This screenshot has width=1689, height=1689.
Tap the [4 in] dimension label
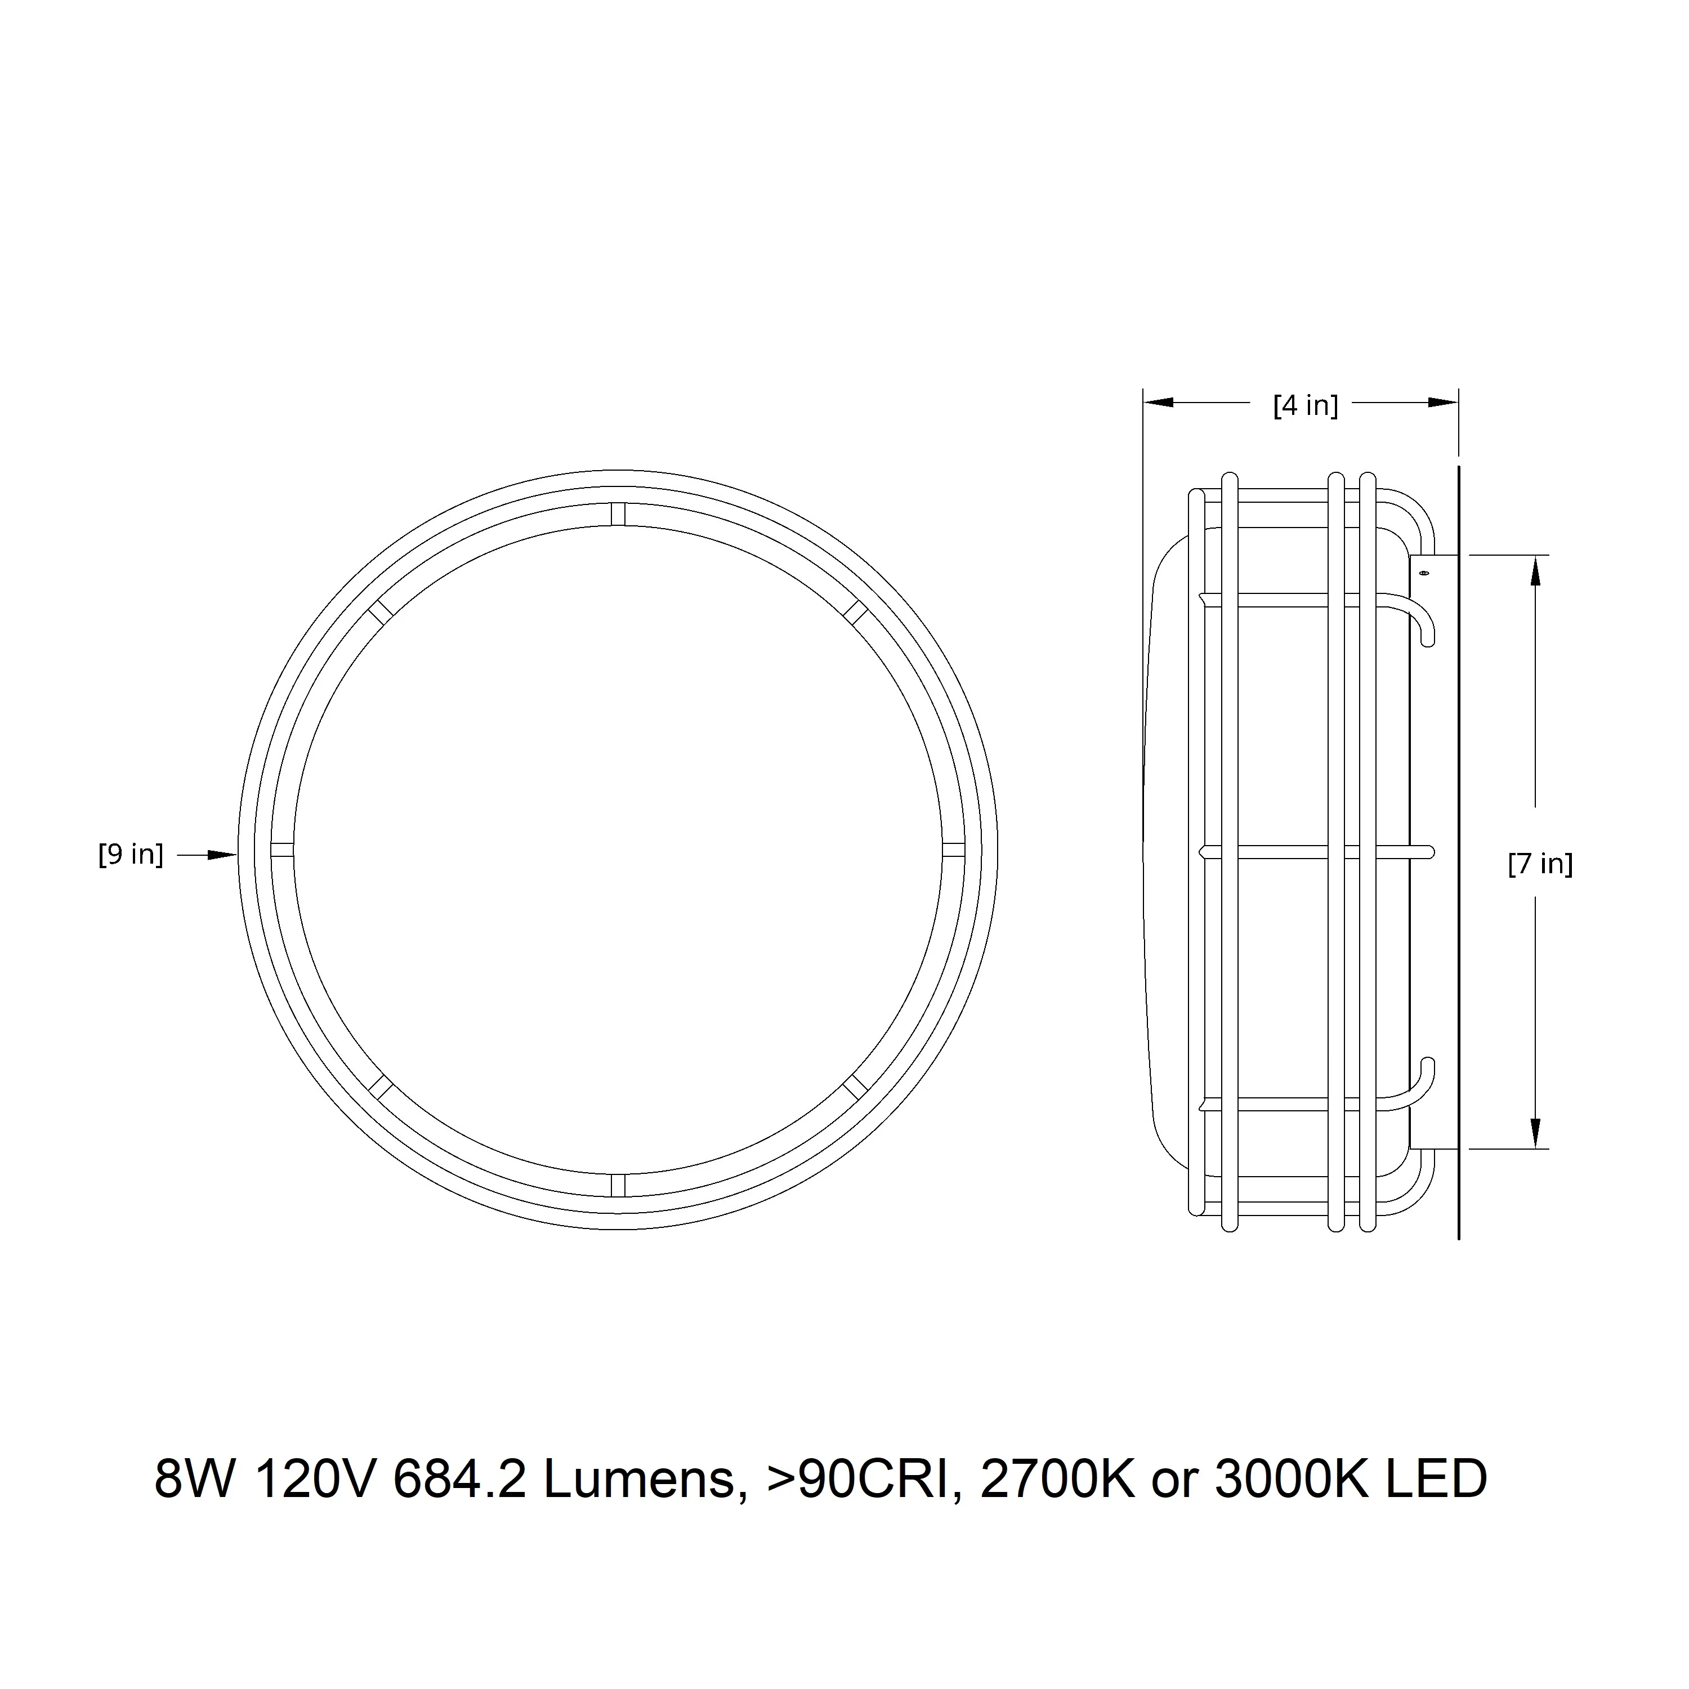coord(1305,405)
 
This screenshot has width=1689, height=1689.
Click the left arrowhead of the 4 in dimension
coord(1158,402)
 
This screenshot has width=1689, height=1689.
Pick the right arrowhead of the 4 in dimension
coord(1444,402)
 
